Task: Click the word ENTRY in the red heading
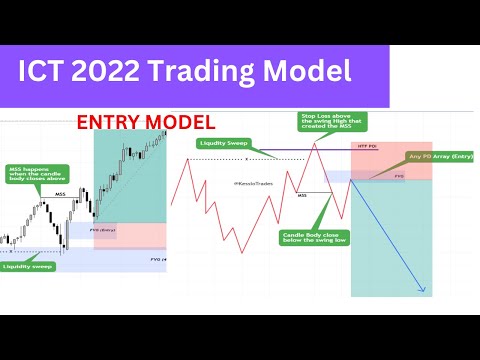point(110,122)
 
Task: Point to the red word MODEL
point(179,122)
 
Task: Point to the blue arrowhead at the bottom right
point(424,291)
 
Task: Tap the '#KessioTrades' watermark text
point(248,183)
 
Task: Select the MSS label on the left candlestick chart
point(59,193)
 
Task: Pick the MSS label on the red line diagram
point(303,195)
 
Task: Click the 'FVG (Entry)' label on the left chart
point(104,230)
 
